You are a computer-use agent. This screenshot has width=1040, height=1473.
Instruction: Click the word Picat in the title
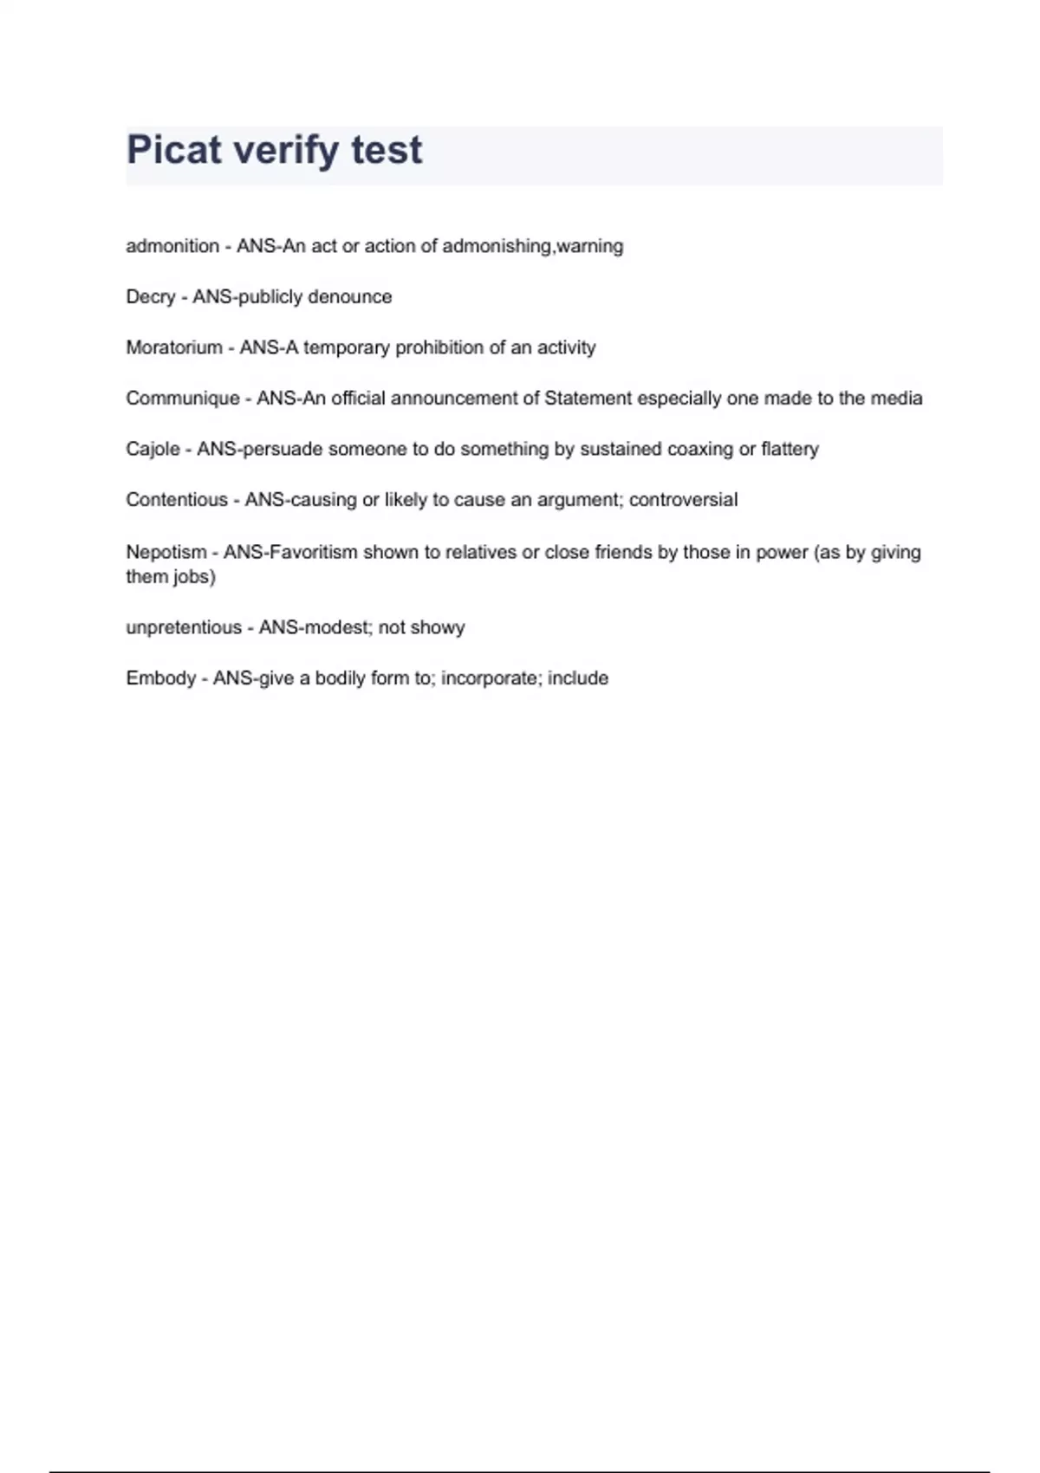click(173, 150)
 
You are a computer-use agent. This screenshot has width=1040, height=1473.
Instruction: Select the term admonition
click(172, 246)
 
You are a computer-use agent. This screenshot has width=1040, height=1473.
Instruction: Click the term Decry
click(151, 297)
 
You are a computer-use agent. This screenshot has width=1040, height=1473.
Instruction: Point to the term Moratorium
click(174, 347)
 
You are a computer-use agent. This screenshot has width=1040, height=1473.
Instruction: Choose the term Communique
click(183, 399)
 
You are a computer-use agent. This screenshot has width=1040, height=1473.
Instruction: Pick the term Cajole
click(153, 449)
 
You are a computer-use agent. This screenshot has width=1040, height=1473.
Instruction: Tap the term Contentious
click(177, 500)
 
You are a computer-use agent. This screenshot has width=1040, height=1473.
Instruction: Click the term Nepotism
click(166, 552)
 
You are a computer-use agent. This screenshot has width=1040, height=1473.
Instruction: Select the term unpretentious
click(184, 627)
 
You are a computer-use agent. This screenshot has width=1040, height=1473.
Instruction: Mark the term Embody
click(161, 678)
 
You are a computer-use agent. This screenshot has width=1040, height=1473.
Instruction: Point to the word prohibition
click(439, 347)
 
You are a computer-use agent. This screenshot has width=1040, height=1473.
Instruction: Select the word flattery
click(790, 449)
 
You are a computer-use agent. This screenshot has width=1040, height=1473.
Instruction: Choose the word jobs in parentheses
click(193, 577)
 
